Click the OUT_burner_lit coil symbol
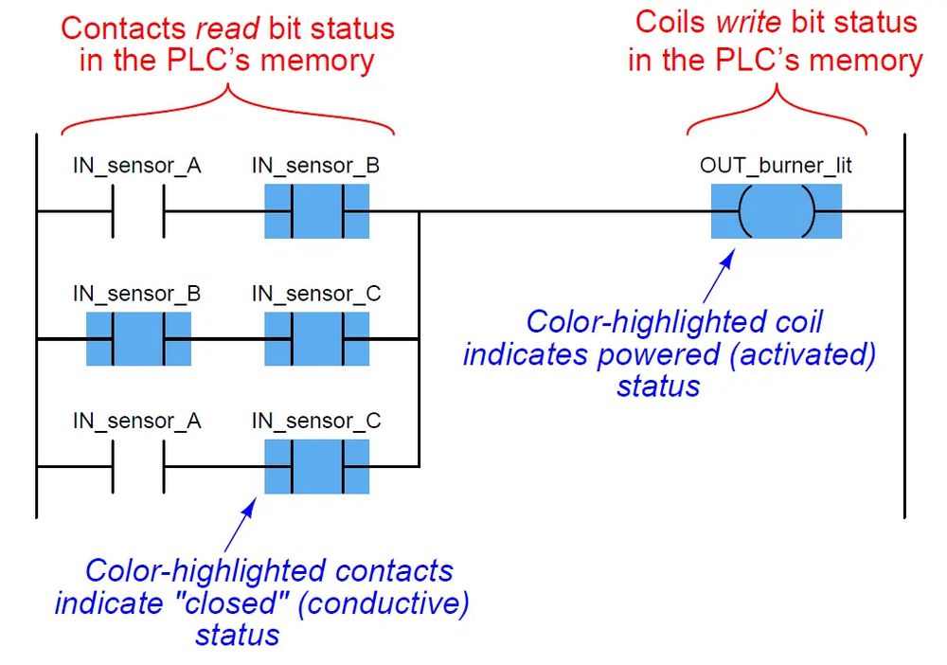point(777,210)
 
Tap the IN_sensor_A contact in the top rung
point(138,210)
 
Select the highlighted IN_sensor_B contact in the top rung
point(316,210)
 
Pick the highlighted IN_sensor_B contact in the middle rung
point(138,338)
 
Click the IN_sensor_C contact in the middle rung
point(316,338)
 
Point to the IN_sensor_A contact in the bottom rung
point(138,466)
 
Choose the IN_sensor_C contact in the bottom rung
point(316,466)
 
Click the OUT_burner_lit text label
point(777,166)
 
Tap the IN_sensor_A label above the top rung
point(137,166)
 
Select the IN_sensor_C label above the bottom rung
point(316,422)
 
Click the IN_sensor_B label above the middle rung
point(137,294)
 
